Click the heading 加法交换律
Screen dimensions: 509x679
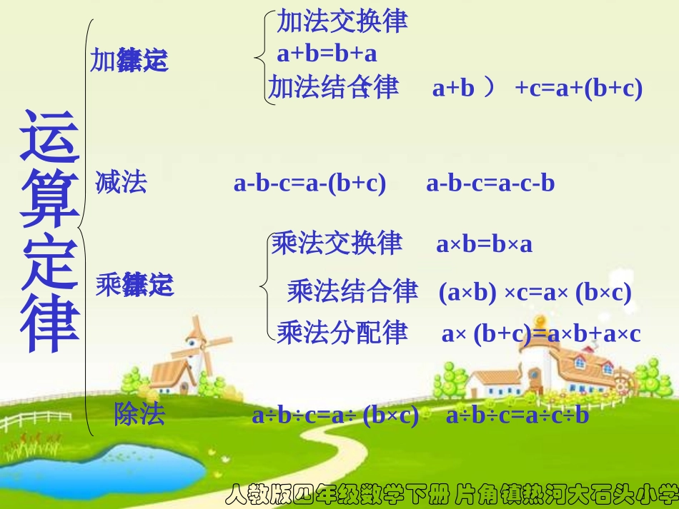342,21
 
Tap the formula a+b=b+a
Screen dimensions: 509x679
327,54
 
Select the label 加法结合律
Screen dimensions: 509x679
333,87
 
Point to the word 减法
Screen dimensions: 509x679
122,183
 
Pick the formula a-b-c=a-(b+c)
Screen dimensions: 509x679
309,183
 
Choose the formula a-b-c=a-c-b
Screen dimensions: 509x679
490,183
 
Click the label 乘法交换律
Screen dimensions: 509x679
337,244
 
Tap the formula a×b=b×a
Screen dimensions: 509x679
485,245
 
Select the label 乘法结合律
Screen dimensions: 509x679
352,291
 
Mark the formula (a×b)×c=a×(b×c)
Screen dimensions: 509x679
535,292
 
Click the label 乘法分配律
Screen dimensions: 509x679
342,333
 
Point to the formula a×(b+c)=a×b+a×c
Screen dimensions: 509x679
541,333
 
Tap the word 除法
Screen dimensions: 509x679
139,414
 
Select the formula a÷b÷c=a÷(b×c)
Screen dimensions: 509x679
335,415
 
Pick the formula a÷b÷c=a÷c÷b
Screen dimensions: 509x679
517,415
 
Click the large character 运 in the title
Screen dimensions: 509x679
50,136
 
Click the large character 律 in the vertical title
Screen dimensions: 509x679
50,325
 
